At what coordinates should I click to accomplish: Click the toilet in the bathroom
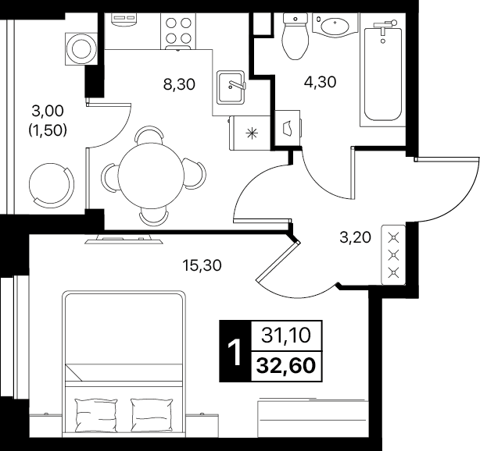pos(295,36)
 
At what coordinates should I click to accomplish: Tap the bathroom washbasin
pos(335,25)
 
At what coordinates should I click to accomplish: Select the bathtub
pos(382,74)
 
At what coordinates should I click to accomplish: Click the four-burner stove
pos(178,31)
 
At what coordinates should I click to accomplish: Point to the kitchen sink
pos(231,87)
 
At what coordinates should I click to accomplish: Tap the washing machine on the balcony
pos(81,49)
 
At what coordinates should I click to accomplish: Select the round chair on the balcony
pos(52,183)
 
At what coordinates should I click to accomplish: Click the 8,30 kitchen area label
pos(179,84)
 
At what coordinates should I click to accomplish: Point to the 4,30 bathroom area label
pos(320,82)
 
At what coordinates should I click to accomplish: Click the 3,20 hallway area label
pos(356,237)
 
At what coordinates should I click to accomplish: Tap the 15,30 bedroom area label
pos(202,265)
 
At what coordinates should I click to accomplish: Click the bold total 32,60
pos(286,366)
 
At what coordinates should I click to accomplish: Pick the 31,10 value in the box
pos(286,336)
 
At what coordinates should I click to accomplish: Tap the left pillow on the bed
pos(96,415)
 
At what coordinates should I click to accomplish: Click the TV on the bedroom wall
pos(124,240)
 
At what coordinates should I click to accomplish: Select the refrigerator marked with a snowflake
pos(249,133)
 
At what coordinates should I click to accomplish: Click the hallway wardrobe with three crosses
pos(393,255)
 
